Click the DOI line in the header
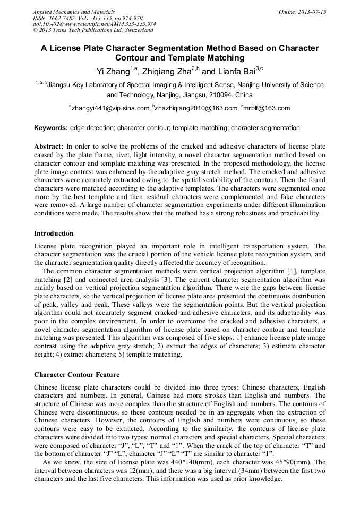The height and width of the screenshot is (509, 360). [95, 24]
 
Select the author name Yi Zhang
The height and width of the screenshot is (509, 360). [114, 71]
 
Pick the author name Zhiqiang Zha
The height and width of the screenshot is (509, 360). [169, 71]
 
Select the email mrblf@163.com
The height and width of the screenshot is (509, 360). [267, 108]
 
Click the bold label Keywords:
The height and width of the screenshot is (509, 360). [51, 128]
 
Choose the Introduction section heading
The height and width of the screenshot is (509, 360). [54, 234]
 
